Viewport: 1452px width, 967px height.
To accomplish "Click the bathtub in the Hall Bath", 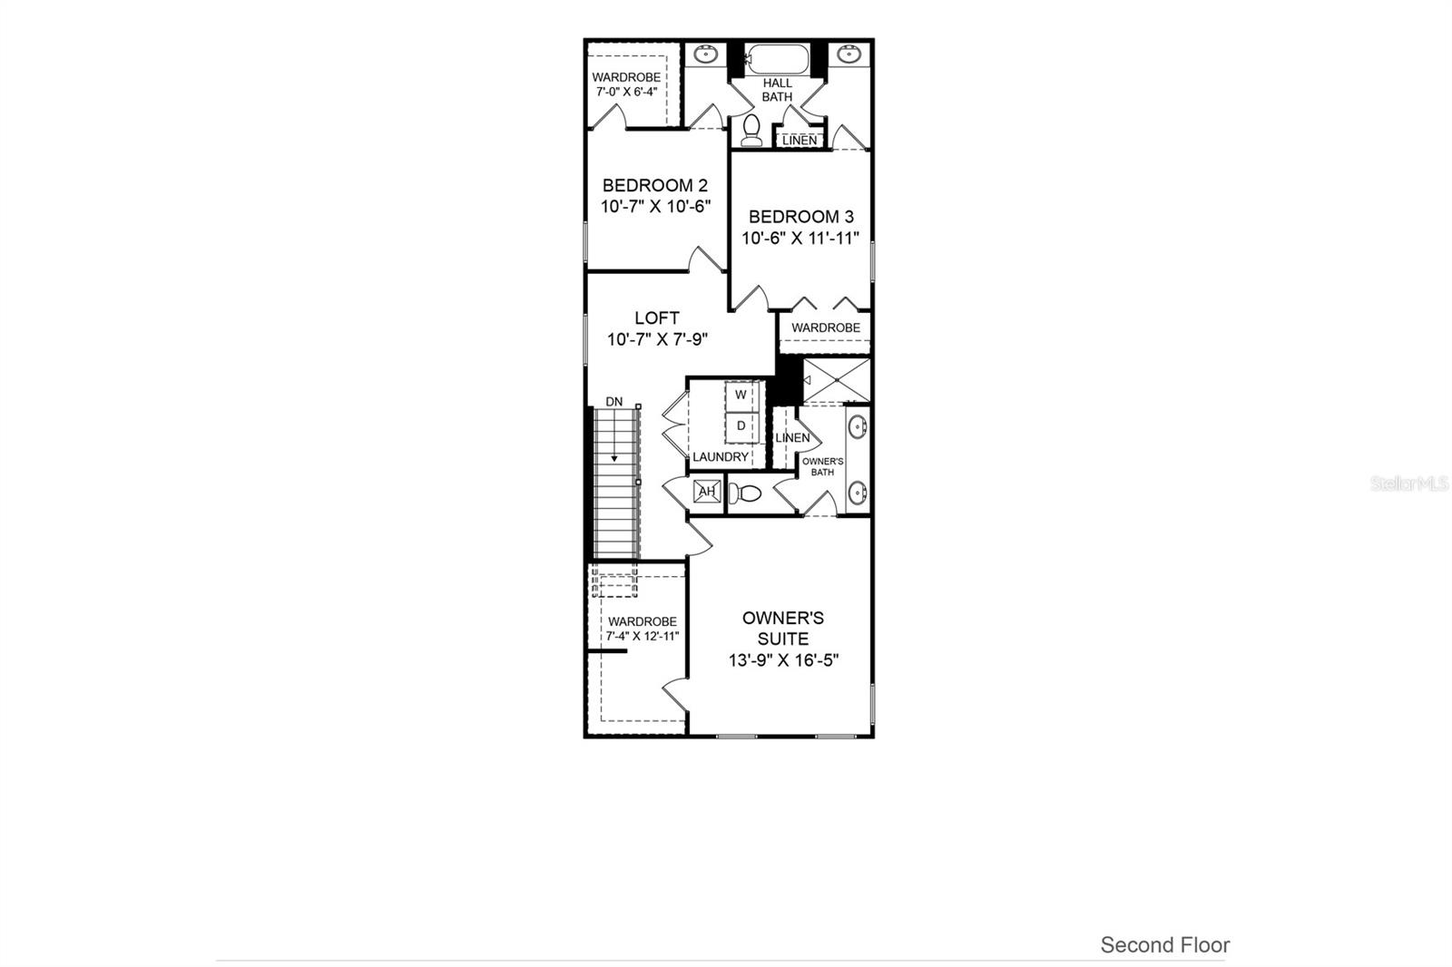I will coord(777,59).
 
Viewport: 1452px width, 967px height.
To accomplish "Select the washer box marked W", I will coord(741,395).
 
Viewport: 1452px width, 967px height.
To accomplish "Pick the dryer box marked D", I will coord(741,425).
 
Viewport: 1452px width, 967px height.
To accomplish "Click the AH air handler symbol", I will coord(707,492).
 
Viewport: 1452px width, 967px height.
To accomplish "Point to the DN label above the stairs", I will coord(614,401).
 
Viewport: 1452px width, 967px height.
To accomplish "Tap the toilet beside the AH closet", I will coord(746,493).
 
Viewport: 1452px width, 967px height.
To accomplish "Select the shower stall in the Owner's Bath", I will coord(837,380).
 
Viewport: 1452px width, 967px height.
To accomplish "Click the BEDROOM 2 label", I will coord(654,186).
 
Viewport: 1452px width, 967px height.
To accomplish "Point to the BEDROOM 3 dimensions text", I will coord(800,239).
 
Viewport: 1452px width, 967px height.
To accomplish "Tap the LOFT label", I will coord(657,318).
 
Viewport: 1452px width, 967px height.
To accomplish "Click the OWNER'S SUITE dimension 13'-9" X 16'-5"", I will coord(783,661).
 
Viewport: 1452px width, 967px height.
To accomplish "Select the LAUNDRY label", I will coord(721,457).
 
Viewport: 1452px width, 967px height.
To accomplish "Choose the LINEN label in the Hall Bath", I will coord(799,141).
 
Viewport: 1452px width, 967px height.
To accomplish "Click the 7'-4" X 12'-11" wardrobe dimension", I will coord(642,636).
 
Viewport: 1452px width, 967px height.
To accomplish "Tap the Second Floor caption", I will coord(1164,945).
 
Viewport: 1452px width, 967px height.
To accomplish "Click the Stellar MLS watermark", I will coord(1408,484).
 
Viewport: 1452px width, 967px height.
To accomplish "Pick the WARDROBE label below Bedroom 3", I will coord(825,327).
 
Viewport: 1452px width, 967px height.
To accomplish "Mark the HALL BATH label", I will coord(777,90).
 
